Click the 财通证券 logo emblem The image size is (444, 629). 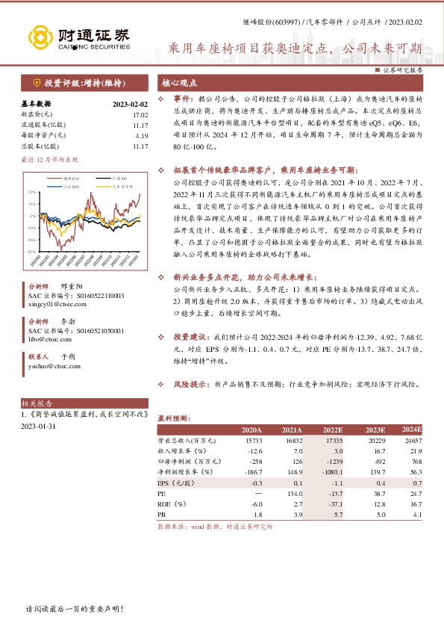pyautogui.click(x=40, y=37)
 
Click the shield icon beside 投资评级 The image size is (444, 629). pyautogui.click(x=37, y=84)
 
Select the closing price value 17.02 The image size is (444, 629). pyautogui.click(x=140, y=114)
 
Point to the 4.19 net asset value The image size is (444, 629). pyautogui.click(x=142, y=135)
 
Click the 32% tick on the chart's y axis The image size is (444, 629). pyautogui.click(x=33, y=191)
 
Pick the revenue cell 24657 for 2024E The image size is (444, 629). pyautogui.click(x=412, y=441)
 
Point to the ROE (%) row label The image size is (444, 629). pyautogui.click(x=172, y=504)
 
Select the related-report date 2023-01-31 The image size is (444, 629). pyautogui.click(x=38, y=426)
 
